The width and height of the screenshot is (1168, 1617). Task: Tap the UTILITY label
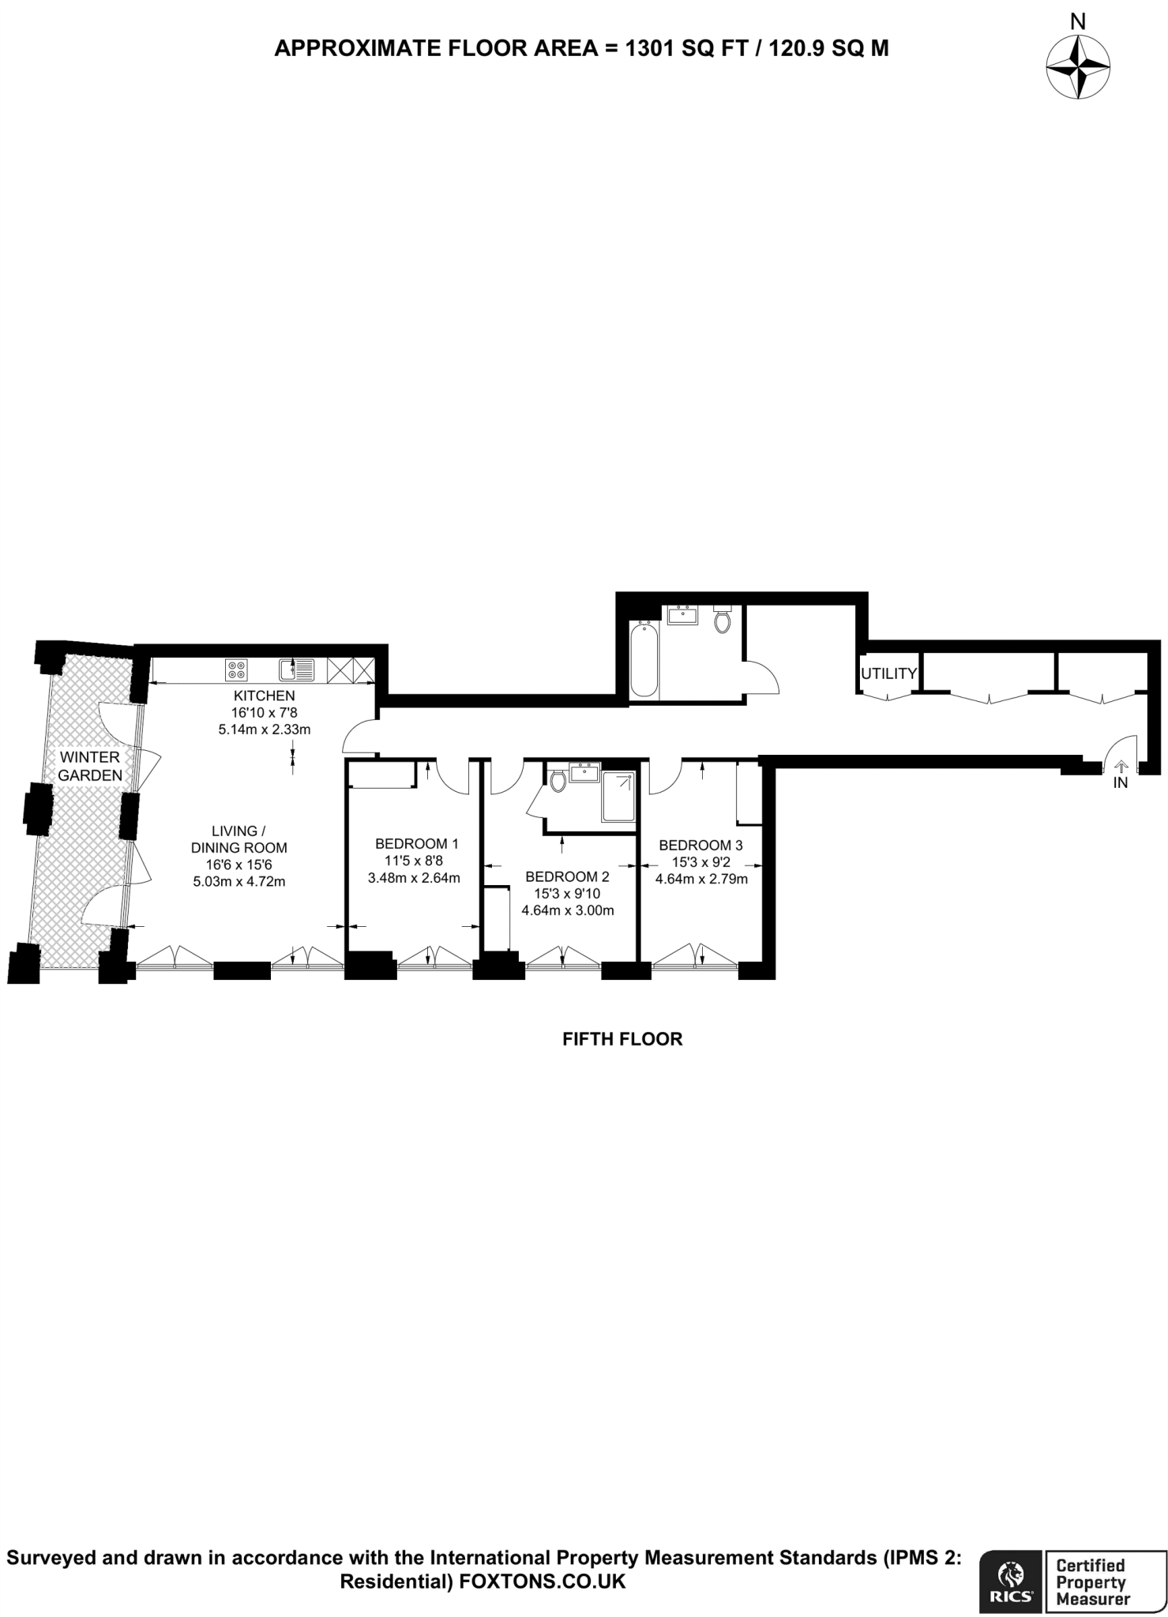pos(888,673)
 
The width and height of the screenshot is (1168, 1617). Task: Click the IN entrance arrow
pos(1120,767)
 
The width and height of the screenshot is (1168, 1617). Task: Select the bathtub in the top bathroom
pos(644,659)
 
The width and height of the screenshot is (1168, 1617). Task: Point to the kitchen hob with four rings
pos(236,670)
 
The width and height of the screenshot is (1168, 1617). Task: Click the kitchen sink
pos(297,670)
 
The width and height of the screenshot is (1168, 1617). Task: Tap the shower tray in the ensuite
pos(618,797)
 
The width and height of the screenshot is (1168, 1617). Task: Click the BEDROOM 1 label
pos(416,843)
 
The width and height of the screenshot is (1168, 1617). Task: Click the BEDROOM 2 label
pos(567,876)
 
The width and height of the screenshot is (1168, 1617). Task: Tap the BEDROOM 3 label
pos(700,845)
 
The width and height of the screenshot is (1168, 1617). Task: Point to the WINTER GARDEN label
pos(90,766)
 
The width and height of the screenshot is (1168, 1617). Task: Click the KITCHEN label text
pos(264,696)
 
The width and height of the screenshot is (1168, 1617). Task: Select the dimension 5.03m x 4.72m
pos(238,881)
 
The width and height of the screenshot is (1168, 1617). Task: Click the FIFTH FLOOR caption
pos(622,1039)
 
